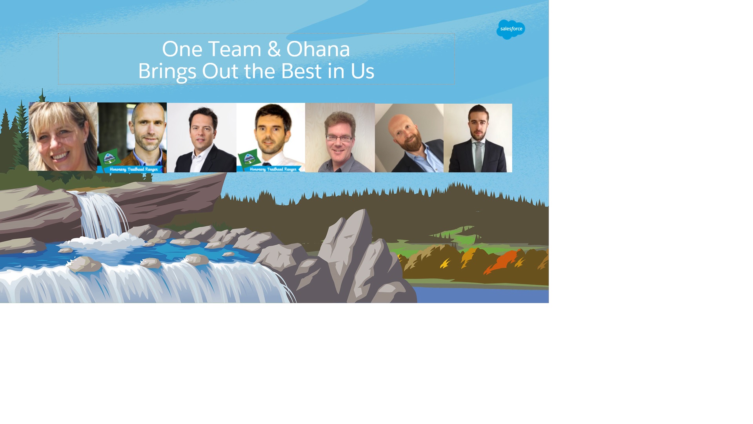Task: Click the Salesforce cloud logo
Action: [511, 29]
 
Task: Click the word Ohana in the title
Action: [318, 49]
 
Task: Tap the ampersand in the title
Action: [274, 49]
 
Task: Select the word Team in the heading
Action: [235, 49]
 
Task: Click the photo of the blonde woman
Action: [63, 136]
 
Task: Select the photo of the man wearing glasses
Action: [340, 138]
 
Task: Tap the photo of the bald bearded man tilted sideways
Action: [409, 138]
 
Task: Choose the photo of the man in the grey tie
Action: [478, 138]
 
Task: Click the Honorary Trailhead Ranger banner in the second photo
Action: [133, 169]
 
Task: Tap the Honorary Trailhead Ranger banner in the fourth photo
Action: [273, 169]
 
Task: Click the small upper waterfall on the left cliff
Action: [102, 215]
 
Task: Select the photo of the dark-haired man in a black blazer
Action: [202, 138]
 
